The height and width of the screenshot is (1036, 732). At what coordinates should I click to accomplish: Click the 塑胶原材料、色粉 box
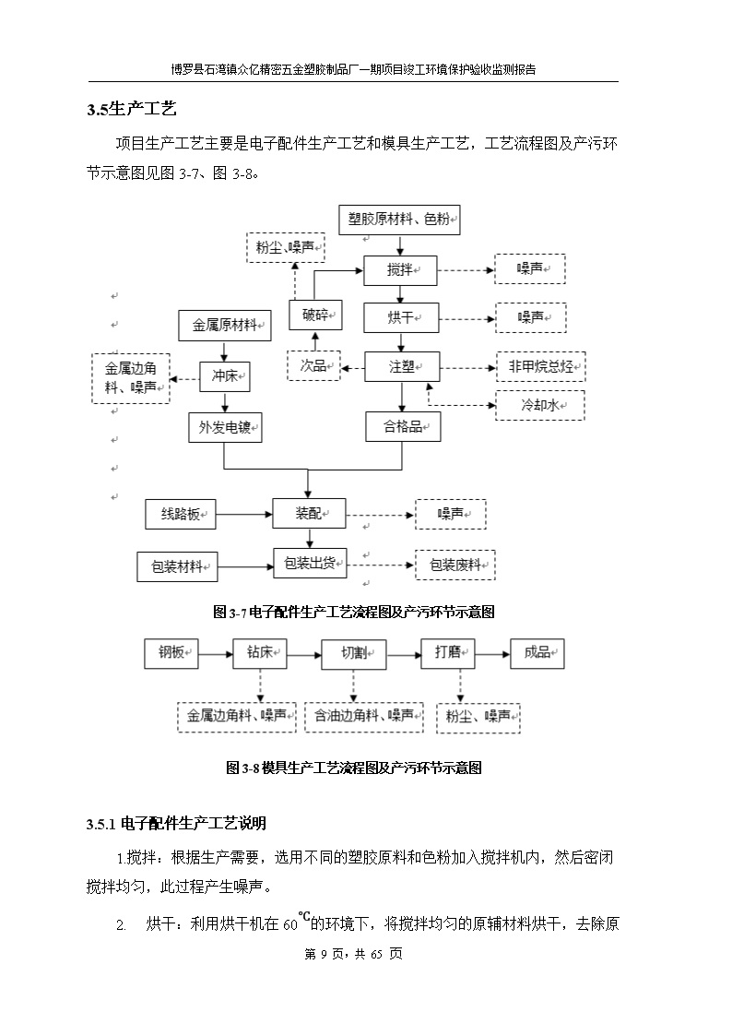click(399, 220)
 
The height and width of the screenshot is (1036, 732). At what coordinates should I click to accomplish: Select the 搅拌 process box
click(401, 270)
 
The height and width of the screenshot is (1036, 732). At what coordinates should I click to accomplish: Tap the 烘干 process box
click(401, 317)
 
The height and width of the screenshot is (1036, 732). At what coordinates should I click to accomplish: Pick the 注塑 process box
click(402, 366)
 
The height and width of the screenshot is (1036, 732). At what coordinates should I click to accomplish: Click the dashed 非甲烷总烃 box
click(541, 366)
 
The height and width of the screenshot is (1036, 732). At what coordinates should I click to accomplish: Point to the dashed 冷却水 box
click(540, 405)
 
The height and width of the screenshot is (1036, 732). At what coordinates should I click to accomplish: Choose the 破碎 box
click(316, 315)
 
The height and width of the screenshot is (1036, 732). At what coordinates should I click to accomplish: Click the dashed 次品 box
click(314, 365)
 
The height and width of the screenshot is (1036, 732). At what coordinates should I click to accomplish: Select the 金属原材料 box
click(225, 325)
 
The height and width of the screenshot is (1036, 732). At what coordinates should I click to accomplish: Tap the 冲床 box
click(225, 376)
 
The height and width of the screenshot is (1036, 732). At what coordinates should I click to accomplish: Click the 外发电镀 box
click(225, 427)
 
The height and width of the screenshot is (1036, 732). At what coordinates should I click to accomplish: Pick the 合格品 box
click(403, 427)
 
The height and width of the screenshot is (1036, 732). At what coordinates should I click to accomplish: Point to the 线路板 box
click(181, 514)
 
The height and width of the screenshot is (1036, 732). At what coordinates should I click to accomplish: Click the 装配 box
click(309, 513)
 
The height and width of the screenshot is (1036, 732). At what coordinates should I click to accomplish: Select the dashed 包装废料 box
click(455, 565)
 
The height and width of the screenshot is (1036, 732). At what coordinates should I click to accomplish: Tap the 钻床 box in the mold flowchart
click(260, 653)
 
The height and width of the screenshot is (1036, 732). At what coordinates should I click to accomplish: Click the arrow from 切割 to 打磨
click(404, 655)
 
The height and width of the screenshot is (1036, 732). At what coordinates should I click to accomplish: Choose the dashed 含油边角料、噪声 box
click(363, 717)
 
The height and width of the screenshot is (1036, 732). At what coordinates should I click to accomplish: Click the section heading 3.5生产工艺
click(132, 109)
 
